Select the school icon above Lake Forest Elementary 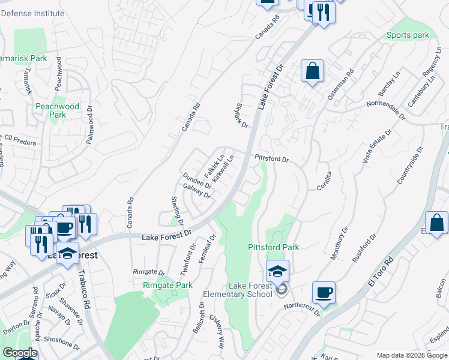click(277, 271)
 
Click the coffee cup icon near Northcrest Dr click(324, 293)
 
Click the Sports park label click(408, 35)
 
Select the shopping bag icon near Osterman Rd click(312, 71)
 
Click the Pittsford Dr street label click(272, 160)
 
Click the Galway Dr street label click(197, 191)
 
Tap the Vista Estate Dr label click(376, 147)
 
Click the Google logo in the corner click(20, 353)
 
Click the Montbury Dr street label click(339, 242)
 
